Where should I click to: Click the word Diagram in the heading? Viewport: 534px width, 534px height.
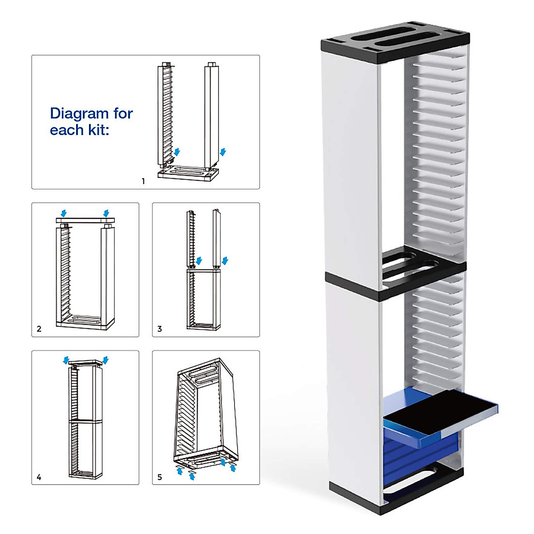click(79, 113)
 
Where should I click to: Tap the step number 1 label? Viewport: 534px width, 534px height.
click(143, 181)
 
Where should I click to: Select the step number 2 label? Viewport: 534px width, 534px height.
click(39, 329)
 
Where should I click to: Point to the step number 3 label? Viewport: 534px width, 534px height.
click(160, 329)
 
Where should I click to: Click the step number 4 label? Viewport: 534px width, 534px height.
click(39, 477)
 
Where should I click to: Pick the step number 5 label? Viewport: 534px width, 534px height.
click(160, 477)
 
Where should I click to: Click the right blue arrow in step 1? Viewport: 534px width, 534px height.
click(223, 152)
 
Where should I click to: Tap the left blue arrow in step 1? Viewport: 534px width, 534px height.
click(177, 152)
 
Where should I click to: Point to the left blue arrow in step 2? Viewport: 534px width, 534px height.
click(64, 214)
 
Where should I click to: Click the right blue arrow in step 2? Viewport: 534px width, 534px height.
click(106, 214)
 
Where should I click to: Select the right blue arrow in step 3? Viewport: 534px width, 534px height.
click(225, 260)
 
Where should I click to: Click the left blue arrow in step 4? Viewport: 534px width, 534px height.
click(66, 359)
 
